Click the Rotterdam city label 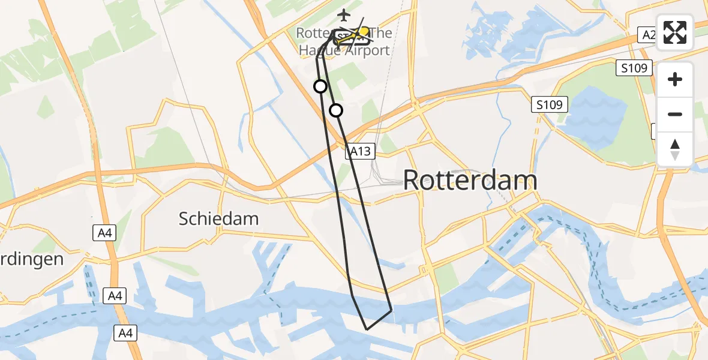(x=470, y=180)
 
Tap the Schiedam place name (x=218, y=219)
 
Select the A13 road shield (x=360, y=152)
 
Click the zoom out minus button (x=675, y=114)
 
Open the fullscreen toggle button (x=675, y=32)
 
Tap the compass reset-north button (x=675, y=149)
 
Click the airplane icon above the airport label (x=343, y=14)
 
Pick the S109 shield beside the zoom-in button (x=634, y=68)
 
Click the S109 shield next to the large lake (x=550, y=105)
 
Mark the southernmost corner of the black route (x=367, y=329)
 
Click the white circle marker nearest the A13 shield (x=336, y=110)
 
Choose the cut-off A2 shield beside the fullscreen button (x=648, y=35)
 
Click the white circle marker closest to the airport (x=320, y=86)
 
